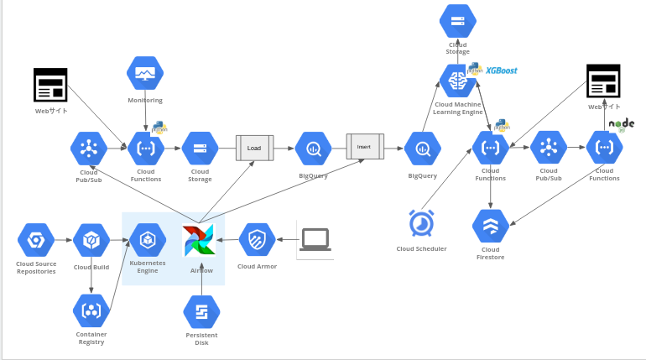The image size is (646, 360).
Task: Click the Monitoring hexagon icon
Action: (145, 73)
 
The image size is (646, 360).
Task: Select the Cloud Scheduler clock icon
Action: (421, 224)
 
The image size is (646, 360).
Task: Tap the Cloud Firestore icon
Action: (490, 227)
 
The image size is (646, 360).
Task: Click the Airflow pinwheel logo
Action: (200, 241)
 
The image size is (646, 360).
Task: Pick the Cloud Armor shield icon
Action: (257, 240)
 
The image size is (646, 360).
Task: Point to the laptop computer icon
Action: (315, 239)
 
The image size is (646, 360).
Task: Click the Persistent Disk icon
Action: (201, 312)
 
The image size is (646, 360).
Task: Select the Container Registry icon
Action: (91, 310)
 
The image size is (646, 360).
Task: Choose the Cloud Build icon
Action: (91, 240)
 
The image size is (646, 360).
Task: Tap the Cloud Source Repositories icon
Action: (36, 240)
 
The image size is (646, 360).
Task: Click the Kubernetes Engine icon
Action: (148, 240)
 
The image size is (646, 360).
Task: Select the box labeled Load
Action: (254, 148)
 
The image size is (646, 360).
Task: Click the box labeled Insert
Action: (364, 147)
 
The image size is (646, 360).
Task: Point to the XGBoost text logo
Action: (502, 70)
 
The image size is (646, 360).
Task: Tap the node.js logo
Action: (622, 124)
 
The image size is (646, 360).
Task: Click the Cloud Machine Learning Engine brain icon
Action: (458, 81)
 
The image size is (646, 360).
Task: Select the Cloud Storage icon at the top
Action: (458, 21)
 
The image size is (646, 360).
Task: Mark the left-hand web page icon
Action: (50, 85)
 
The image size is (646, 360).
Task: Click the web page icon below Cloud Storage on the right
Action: (603, 81)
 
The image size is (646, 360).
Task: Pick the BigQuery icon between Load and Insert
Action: (313, 149)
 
